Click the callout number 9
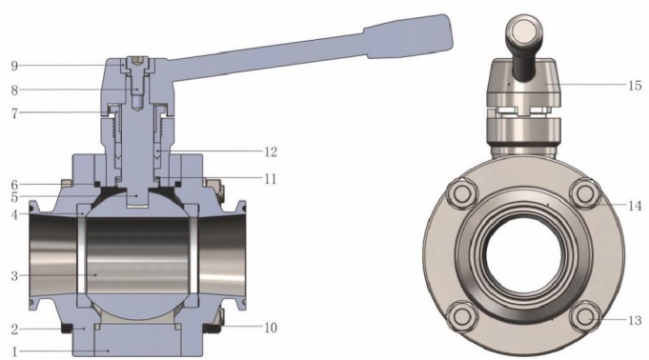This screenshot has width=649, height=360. pos(14,66)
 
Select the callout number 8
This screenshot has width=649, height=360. pos(14,90)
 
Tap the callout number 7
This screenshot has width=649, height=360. pos(14,113)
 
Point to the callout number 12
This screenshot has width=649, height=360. pos(271,152)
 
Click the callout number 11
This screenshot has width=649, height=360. pos(271,179)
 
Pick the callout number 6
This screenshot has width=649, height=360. pos(14,185)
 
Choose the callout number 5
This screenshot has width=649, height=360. pos(14,198)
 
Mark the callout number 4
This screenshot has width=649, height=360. pos(14,214)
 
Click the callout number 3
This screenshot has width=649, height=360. pos(14,276)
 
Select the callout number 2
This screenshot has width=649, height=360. pos(14,330)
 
